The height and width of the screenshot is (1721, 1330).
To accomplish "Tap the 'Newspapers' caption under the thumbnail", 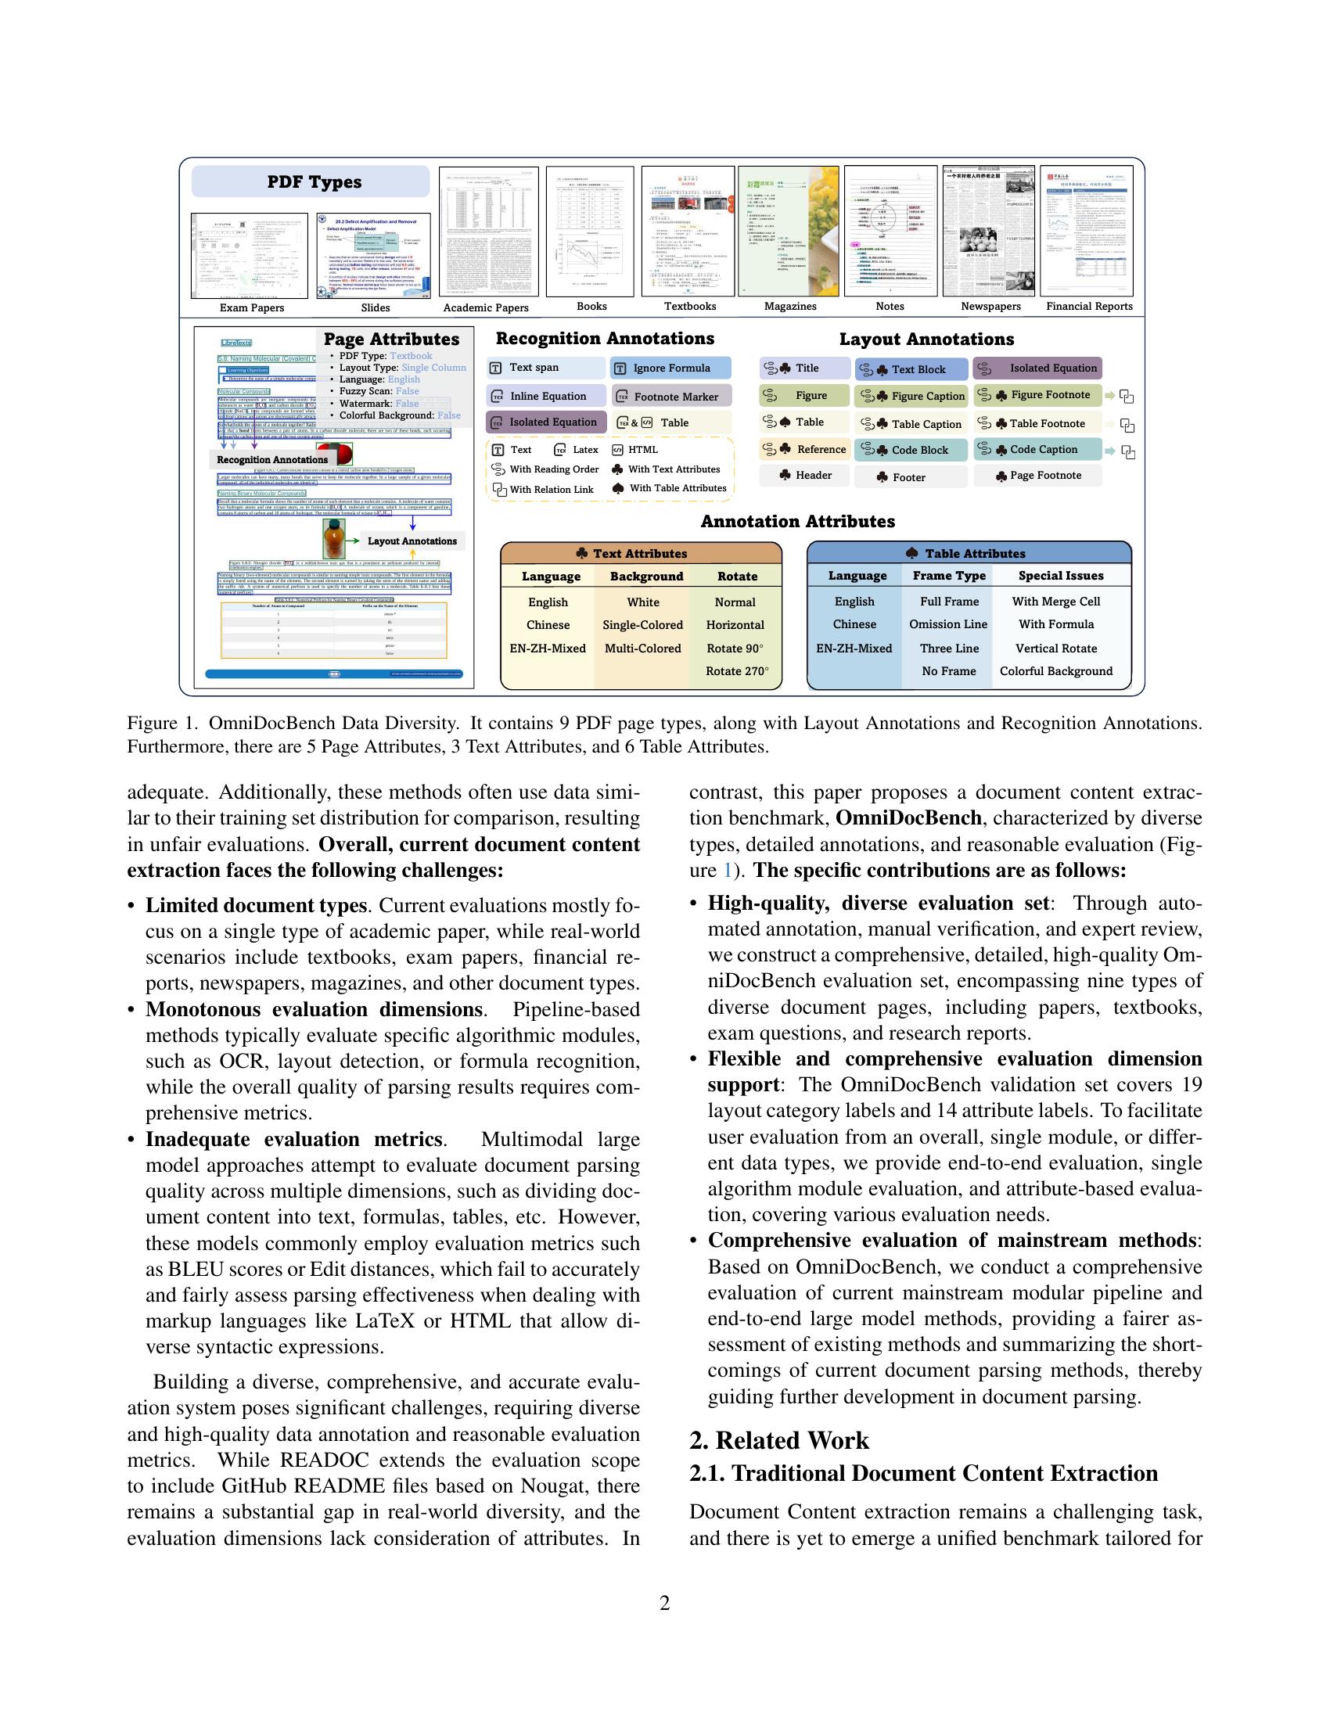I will tap(990, 307).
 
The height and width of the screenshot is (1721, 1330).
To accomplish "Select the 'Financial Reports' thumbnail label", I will tap(1089, 307).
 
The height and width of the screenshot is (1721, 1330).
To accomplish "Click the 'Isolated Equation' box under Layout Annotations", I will tap(1037, 368).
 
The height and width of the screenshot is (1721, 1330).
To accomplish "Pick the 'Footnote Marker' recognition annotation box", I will tap(672, 397).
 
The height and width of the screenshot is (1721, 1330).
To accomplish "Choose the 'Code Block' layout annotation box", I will tap(911, 450).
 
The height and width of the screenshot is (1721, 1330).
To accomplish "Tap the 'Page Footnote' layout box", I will tap(1037, 476).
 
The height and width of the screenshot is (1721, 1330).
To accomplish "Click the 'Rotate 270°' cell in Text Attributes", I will tap(737, 671).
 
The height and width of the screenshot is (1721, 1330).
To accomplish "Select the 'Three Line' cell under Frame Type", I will tap(949, 649).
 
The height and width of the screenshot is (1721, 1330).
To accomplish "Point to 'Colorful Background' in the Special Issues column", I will tap(1056, 671).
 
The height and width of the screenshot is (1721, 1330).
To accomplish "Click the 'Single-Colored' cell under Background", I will tap(642, 625).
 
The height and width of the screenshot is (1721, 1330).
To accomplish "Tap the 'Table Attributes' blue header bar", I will tap(969, 553).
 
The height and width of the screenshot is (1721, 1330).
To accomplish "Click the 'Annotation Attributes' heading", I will tap(797, 522).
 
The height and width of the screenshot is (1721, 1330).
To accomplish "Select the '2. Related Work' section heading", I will tap(778, 1439).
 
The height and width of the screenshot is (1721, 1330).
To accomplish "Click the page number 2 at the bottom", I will tap(664, 1603).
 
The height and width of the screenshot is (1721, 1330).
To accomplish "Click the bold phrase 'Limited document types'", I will tap(256, 904).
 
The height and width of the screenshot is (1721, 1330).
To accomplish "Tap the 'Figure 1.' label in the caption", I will tap(160, 724).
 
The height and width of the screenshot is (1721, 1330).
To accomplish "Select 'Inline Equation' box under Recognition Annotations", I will tap(547, 397).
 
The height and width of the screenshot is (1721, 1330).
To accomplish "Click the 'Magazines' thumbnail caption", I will tap(789, 307).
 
